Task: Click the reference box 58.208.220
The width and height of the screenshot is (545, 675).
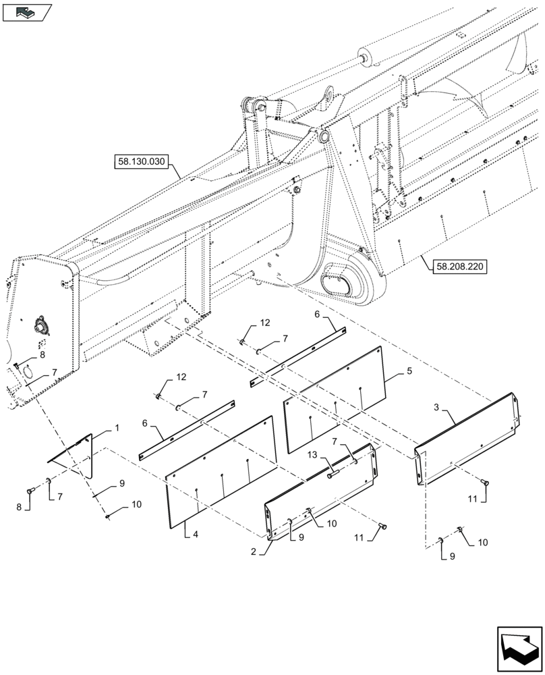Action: (x=457, y=265)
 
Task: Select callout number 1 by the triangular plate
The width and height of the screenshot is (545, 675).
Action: (x=116, y=429)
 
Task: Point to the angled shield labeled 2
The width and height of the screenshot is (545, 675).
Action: (x=320, y=489)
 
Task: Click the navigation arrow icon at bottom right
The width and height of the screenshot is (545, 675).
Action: (x=519, y=649)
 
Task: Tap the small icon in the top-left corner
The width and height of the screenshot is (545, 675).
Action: (x=27, y=11)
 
